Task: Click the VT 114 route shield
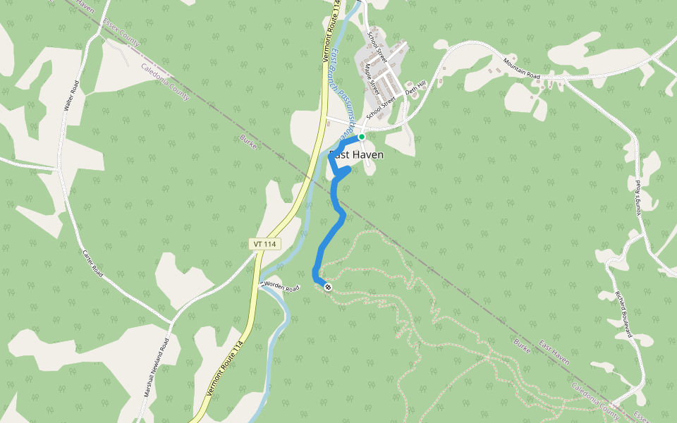coord(265,244)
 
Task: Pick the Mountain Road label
coord(521,69)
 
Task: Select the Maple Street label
coord(372,80)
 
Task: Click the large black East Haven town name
coord(356,154)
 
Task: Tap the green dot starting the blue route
coord(361,137)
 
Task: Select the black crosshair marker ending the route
coord(327,286)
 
